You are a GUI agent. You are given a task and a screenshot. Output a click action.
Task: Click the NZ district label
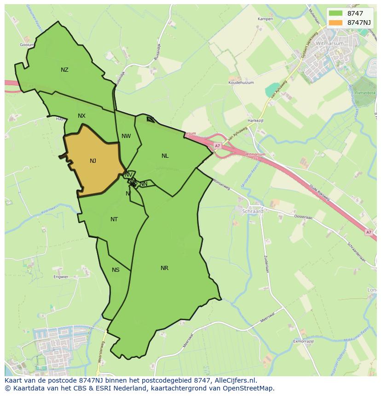click(64, 70)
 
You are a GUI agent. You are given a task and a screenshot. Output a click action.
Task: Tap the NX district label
click(81, 116)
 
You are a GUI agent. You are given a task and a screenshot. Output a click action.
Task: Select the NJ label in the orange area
click(93, 161)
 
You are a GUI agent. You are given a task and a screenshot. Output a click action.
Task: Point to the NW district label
click(126, 136)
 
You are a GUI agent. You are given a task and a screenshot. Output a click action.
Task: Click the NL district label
click(165, 156)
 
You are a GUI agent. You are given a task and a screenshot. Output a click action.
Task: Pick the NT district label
click(114, 219)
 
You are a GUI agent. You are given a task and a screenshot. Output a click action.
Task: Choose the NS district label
click(115, 270)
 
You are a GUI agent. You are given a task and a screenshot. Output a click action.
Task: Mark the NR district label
click(164, 268)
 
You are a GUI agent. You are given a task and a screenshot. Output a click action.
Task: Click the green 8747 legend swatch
click(335, 13)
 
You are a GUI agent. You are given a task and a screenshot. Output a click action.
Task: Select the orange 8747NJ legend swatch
click(335, 23)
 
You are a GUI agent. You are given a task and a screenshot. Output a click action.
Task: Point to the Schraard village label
click(253, 212)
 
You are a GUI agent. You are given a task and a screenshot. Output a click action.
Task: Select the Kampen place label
click(266, 19)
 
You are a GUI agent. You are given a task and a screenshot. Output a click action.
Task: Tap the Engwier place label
click(61, 277)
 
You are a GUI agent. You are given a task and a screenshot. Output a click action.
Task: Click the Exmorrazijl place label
click(303, 341)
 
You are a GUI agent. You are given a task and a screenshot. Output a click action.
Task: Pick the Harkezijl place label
click(255, 121)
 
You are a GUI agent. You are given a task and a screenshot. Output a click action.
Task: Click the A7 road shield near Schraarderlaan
click(368, 232)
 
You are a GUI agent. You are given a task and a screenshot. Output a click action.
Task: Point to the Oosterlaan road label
click(303, 217)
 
